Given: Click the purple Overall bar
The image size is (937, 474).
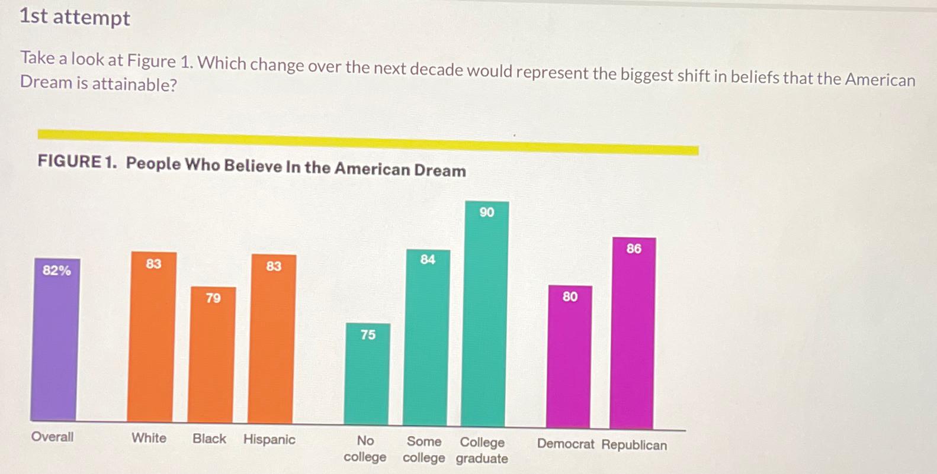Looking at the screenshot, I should [x=56, y=343].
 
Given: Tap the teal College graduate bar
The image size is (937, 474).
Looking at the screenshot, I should [x=485, y=320].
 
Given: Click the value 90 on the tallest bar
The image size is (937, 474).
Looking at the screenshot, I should [x=487, y=212].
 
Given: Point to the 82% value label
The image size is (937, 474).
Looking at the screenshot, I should [x=57, y=270].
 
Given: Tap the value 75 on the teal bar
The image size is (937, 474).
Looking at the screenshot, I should [x=368, y=335].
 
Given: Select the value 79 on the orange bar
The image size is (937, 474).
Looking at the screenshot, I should [x=213, y=298].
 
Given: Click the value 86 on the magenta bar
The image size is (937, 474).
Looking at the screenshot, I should [x=634, y=249].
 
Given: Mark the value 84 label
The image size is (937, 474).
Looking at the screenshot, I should [x=428, y=259].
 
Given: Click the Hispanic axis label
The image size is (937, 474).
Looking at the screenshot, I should [x=269, y=439].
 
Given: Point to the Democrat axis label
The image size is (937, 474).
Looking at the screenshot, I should [x=565, y=444].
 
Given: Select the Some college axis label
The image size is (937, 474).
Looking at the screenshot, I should [x=423, y=450].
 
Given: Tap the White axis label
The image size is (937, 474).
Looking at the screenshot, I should [x=149, y=438].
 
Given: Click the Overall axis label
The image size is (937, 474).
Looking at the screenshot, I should [x=52, y=437].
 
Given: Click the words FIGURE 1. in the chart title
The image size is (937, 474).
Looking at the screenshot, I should [x=77, y=162].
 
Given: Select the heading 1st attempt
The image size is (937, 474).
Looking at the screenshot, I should [x=75, y=17].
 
